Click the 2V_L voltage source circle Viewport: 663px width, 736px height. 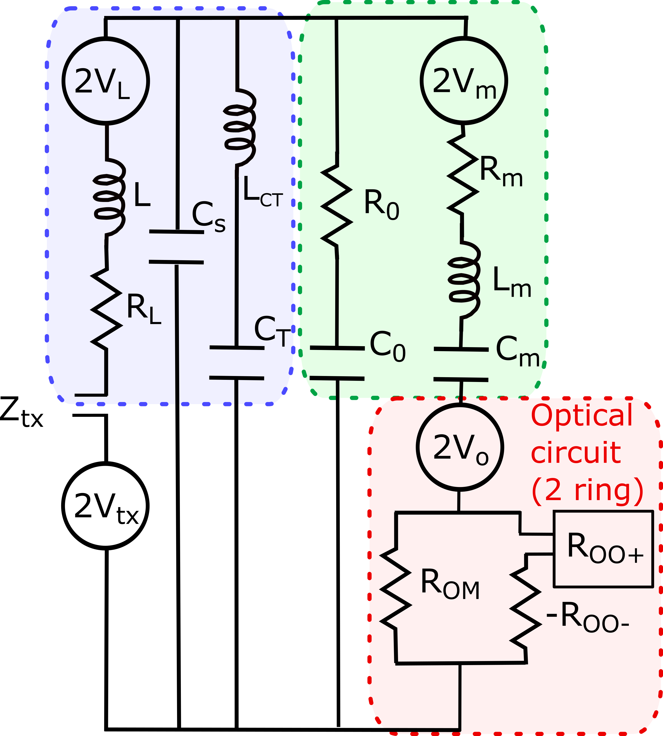106,81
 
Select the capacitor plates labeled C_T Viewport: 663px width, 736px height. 237,363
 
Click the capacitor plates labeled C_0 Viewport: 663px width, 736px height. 337,363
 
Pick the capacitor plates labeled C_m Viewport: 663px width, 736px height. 461,364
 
